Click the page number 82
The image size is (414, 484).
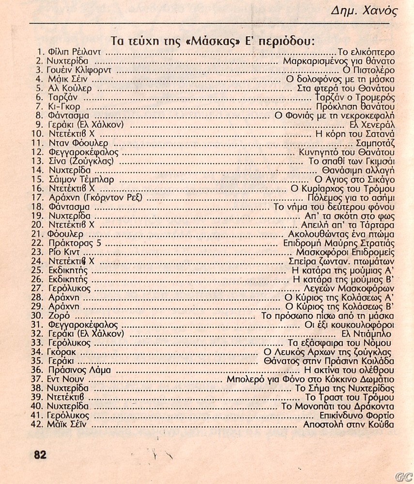[x=40, y=454]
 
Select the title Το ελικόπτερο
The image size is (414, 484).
[x=366, y=52]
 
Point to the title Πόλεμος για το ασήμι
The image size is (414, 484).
[x=351, y=198]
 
